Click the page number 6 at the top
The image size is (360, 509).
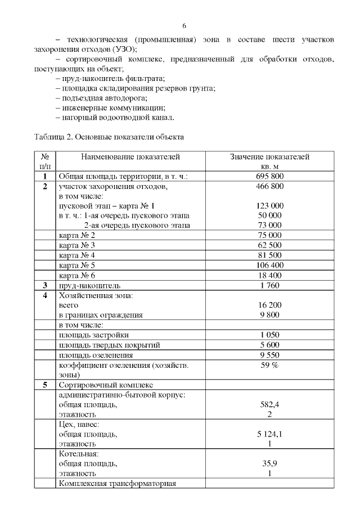(184, 26)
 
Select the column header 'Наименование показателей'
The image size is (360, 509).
(130, 157)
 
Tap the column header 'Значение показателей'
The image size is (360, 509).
(270, 157)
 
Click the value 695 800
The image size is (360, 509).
(270, 177)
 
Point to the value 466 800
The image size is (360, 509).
(270, 186)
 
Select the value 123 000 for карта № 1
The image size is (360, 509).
(270, 206)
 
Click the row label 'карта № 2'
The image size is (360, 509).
(77, 235)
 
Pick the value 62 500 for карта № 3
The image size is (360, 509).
(270, 245)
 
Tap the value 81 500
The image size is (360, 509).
(270, 255)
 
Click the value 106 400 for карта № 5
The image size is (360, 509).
(270, 265)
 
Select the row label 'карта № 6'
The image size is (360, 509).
(77, 276)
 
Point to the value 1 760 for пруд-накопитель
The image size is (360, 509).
(270, 285)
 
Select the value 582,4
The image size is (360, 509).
(270, 404)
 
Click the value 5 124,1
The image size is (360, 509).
(270, 434)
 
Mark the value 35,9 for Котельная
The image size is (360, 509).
(270, 464)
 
